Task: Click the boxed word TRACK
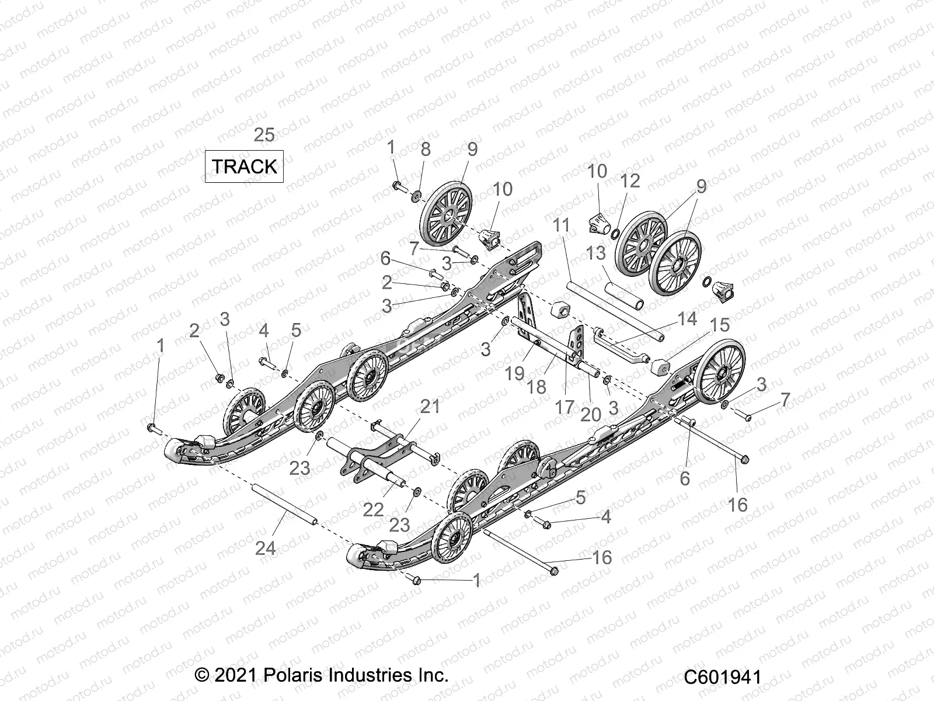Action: (244, 166)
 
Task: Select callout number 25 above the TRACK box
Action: (280, 135)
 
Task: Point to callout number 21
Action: (430, 406)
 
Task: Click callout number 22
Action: (373, 509)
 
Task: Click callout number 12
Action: (630, 181)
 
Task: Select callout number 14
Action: (687, 319)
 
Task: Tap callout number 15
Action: (720, 325)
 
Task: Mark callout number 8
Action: (426, 149)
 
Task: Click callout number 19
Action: (514, 373)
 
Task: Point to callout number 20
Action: (591, 414)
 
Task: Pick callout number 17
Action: (564, 407)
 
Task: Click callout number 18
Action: (536, 386)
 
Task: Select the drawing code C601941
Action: (723, 677)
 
